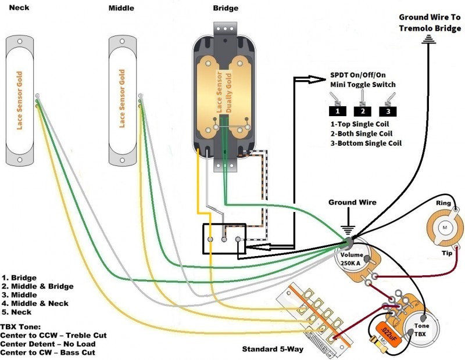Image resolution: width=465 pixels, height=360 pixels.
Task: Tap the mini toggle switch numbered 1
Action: (337, 108)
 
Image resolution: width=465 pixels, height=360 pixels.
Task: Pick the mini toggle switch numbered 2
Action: (362, 108)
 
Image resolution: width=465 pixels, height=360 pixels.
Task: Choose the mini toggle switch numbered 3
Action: (387, 108)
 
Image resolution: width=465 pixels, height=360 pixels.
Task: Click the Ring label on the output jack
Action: (444, 203)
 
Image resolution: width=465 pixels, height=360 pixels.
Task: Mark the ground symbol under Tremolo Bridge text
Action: (430, 39)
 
